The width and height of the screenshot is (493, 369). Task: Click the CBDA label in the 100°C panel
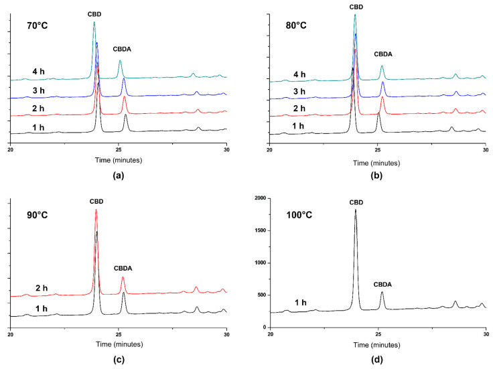click(x=382, y=284)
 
